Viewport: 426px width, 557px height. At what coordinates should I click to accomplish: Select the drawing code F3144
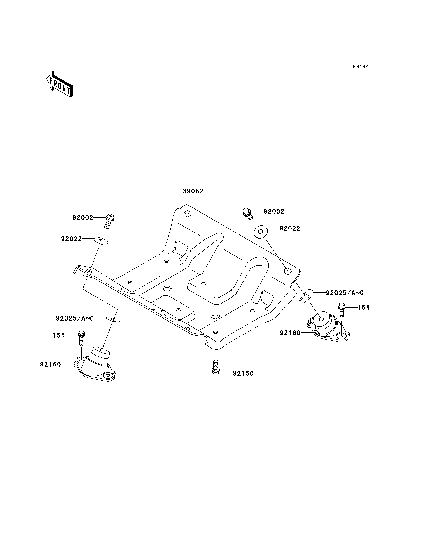pos(361,67)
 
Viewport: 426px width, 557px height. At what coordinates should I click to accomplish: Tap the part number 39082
pos(193,191)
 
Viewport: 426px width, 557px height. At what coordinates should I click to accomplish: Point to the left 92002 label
pos(83,218)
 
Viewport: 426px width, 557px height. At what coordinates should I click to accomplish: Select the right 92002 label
pos(274,211)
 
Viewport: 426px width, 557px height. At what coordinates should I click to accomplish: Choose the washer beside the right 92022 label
pos(260,232)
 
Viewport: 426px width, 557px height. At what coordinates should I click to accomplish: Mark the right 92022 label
pos(290,228)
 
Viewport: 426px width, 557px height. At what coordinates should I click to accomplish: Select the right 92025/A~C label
pos(345,293)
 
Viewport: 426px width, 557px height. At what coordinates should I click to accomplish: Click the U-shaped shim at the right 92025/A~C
pos(306,296)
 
